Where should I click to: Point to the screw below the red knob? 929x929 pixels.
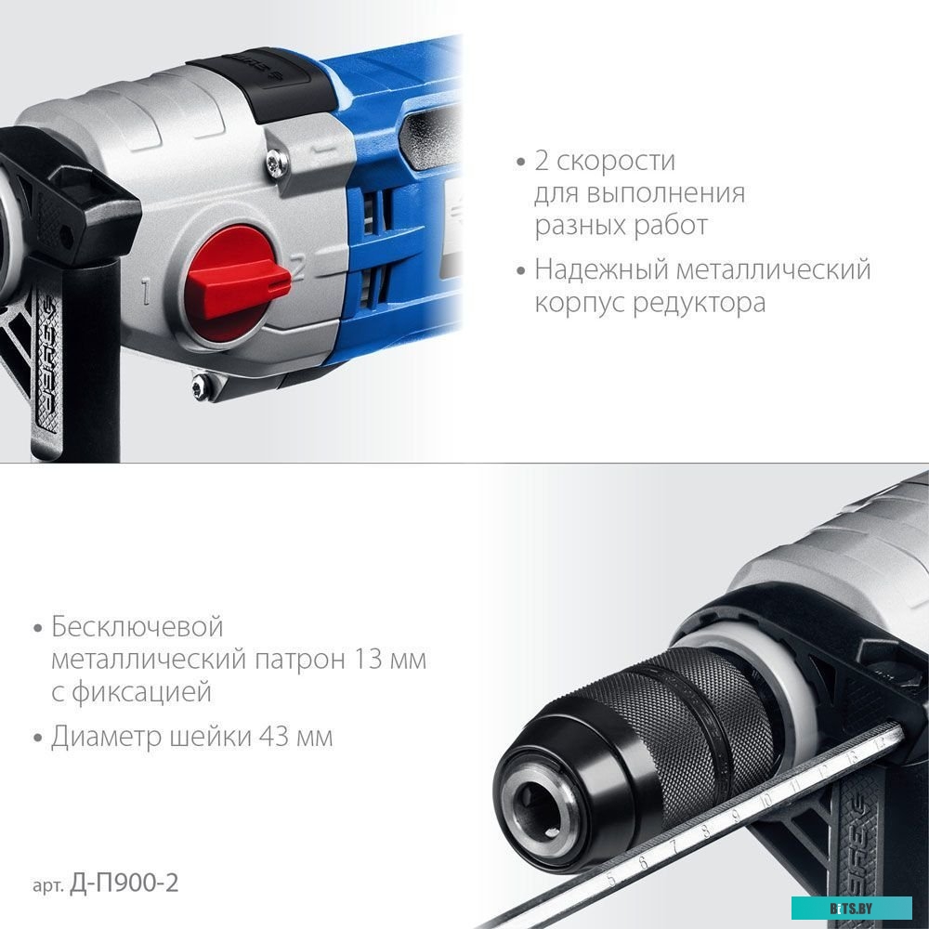click(x=198, y=386)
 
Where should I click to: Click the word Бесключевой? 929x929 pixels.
click(x=137, y=627)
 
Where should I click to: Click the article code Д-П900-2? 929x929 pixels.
click(x=124, y=883)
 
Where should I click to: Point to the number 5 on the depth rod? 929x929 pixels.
click(x=611, y=876)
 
